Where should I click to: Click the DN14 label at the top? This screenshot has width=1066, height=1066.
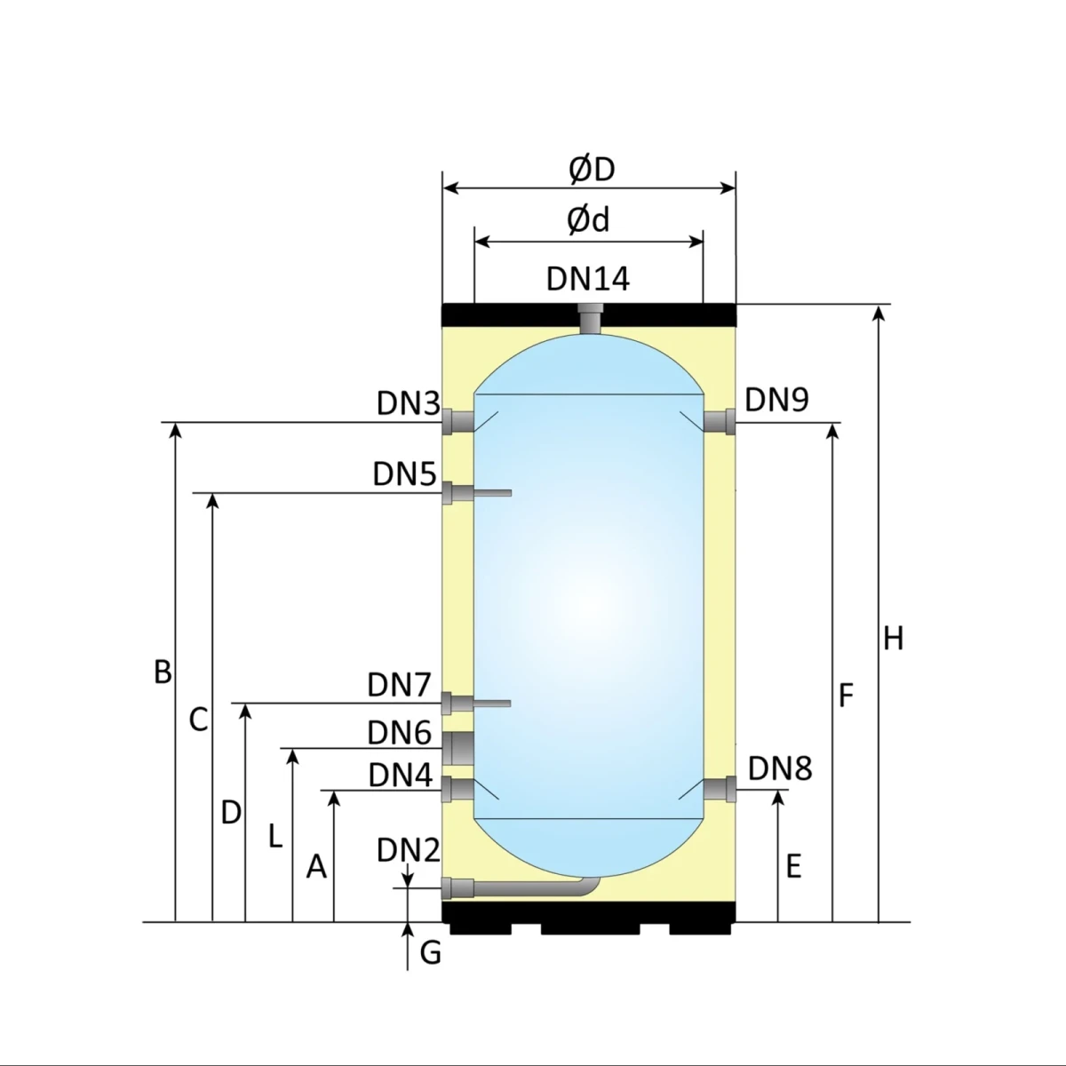[x=588, y=278]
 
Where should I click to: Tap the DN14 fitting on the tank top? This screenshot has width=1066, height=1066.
[x=589, y=319]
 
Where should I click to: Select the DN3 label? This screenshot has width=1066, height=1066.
[x=408, y=403]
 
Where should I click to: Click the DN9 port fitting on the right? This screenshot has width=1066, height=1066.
[x=720, y=421]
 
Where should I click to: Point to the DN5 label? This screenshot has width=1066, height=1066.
[x=404, y=474]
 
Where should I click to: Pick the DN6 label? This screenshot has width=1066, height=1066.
[x=399, y=733]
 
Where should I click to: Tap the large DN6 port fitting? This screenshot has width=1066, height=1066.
[x=459, y=748]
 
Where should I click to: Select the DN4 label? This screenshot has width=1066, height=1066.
[x=400, y=776]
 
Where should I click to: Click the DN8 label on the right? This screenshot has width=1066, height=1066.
[x=780, y=768]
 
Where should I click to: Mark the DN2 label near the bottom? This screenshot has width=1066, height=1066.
[x=408, y=850]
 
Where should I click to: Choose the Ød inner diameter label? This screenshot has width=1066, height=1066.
[x=589, y=219]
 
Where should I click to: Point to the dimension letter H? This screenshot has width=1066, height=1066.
[x=893, y=638]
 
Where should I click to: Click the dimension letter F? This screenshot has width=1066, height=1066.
[x=846, y=696]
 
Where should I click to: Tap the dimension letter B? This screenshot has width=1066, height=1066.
[x=163, y=672]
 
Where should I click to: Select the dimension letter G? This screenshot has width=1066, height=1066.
[x=430, y=953]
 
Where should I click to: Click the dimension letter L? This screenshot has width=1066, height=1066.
[x=275, y=836]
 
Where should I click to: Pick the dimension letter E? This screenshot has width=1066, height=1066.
[x=793, y=866]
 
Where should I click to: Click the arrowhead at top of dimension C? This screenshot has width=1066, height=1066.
[x=212, y=500]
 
